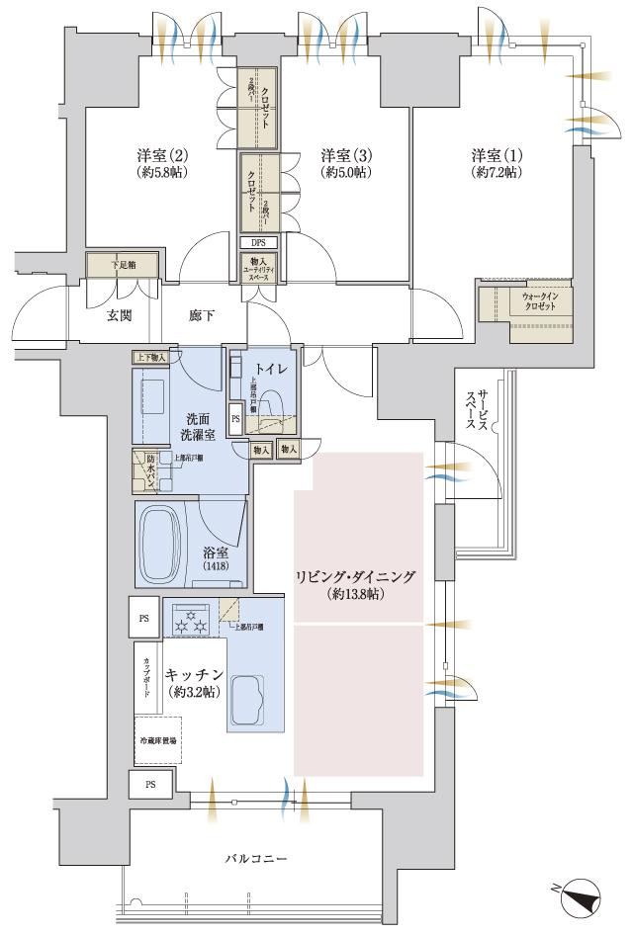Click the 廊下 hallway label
tap(202, 316)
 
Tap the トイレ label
tap(272, 369)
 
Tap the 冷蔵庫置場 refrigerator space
tap(156, 740)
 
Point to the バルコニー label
tap(255, 860)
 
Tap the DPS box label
tap(258, 242)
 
